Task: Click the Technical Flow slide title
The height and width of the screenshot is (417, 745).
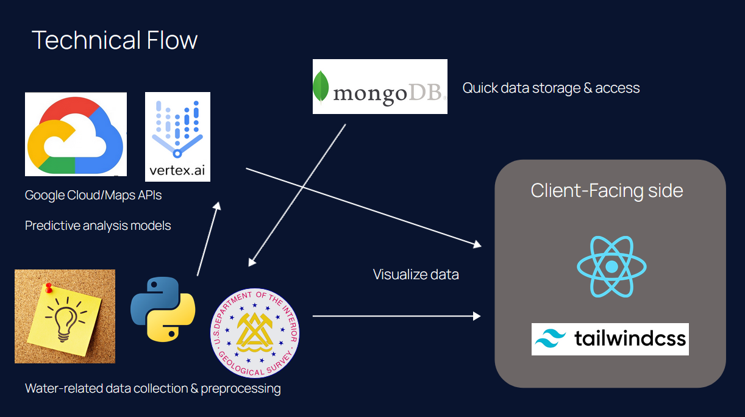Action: pyautogui.click(x=115, y=40)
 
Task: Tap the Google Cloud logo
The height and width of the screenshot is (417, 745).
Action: pyautogui.click(x=76, y=134)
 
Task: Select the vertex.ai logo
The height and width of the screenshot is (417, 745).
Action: pyautogui.click(x=177, y=137)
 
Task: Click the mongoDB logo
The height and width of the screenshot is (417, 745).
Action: pyautogui.click(x=380, y=87)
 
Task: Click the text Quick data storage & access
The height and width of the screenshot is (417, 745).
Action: pyautogui.click(x=551, y=88)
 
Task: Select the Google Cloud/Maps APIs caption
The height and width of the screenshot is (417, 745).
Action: pyautogui.click(x=93, y=196)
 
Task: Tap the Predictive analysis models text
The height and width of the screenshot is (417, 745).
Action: pyautogui.click(x=98, y=226)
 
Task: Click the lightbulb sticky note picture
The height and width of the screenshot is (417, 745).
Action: pyautogui.click(x=65, y=316)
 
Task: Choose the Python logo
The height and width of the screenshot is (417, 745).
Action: pyautogui.click(x=163, y=308)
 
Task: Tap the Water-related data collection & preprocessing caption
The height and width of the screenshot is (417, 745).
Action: pyautogui.click(x=153, y=388)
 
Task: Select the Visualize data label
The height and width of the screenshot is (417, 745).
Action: pyautogui.click(x=416, y=274)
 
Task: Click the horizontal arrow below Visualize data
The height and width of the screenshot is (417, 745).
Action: pyautogui.click(x=396, y=316)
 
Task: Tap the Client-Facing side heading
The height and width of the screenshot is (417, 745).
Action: pyautogui.click(x=607, y=190)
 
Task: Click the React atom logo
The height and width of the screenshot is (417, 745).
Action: pyautogui.click(x=611, y=267)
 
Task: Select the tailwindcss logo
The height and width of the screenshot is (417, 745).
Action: pyautogui.click(x=610, y=339)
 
